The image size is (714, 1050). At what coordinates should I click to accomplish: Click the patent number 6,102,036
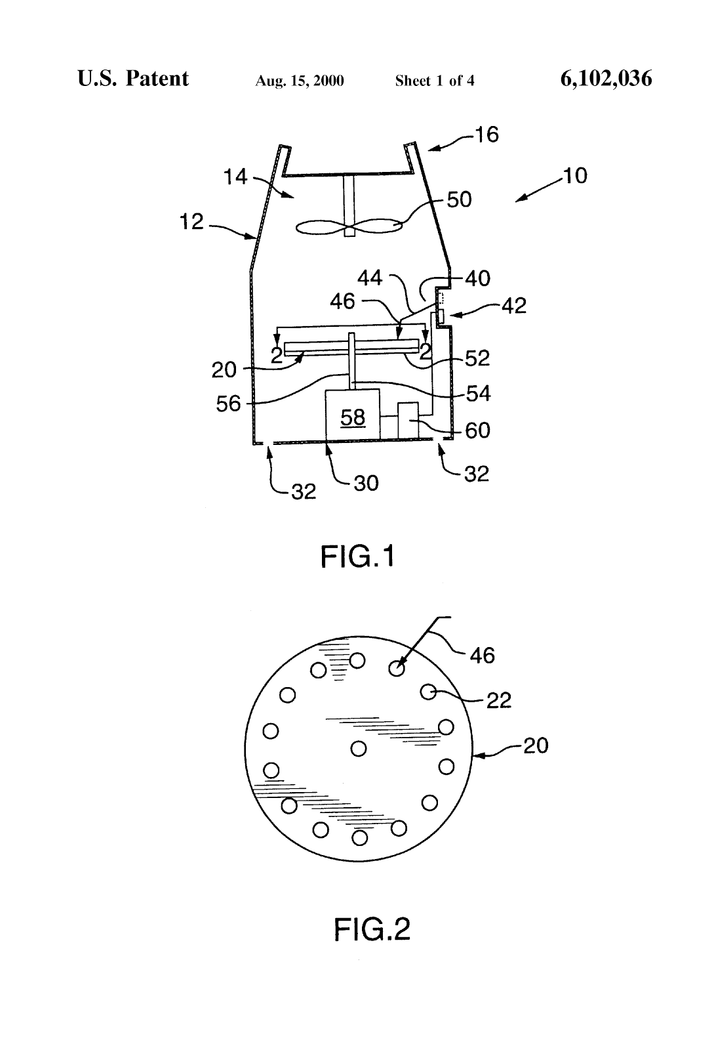click(x=606, y=79)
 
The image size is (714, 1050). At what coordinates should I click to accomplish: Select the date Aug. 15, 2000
click(x=299, y=81)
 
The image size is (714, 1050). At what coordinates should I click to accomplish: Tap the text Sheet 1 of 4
click(x=435, y=81)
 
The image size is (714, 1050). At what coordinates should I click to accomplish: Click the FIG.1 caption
click(x=358, y=557)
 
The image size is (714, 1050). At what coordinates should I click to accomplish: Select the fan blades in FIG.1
click(x=349, y=226)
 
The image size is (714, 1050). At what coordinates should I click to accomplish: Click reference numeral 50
click(x=459, y=199)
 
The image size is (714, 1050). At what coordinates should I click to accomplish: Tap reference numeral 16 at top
click(x=487, y=135)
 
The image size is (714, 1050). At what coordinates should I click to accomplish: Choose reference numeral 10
click(x=575, y=176)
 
